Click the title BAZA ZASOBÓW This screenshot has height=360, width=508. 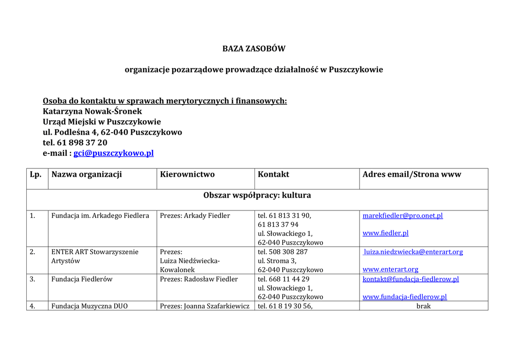[x=254, y=49]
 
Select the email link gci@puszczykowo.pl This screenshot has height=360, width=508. [x=114, y=153]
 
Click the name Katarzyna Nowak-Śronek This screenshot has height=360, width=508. [x=92, y=111]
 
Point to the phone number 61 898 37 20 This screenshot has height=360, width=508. [x=82, y=143]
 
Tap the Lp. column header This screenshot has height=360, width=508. [x=35, y=174]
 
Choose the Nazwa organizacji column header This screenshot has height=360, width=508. [x=87, y=174]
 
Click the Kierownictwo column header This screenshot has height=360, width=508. [x=187, y=174]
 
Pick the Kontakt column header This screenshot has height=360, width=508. [x=273, y=174]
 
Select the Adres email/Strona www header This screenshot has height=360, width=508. [x=412, y=174]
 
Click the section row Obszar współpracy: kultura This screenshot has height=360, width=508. [x=257, y=195]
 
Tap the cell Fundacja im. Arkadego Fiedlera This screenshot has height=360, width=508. [x=100, y=216]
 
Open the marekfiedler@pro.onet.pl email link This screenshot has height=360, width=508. [x=402, y=216]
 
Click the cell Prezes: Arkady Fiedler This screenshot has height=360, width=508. [x=195, y=216]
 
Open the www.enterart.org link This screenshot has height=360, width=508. [x=390, y=269]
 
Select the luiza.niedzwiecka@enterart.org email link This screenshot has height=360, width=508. [x=413, y=252]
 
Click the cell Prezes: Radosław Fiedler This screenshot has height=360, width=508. [x=199, y=279]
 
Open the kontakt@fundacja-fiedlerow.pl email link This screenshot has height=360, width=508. [x=411, y=279]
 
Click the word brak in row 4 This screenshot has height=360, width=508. [x=424, y=306]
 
